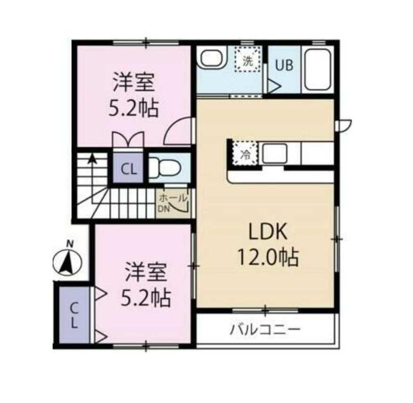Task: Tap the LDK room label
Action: click(266, 232)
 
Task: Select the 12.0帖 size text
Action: click(267, 257)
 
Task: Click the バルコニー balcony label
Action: click(265, 329)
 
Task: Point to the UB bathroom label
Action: click(284, 66)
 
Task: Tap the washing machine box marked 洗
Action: click(248, 60)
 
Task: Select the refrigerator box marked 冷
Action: click(245, 154)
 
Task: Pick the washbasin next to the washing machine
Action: click(211, 59)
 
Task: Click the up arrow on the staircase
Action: click(93, 159)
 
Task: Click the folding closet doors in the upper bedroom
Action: click(128, 140)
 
